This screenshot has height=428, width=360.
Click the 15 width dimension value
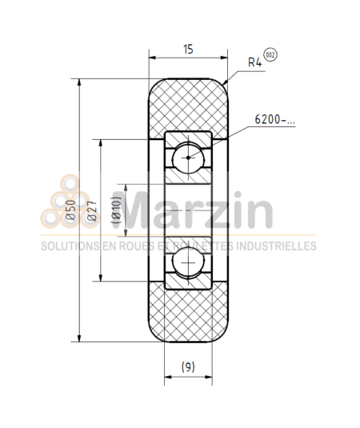pyautogui.click(x=188, y=50)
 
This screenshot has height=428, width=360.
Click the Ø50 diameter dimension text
pyautogui.click(x=70, y=209)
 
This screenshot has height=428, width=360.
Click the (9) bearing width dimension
pyautogui.click(x=187, y=366)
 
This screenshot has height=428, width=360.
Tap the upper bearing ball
pyautogui.click(x=188, y=157)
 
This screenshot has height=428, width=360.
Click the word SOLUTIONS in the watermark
pyautogui.click(x=70, y=246)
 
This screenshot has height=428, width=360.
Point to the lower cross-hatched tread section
pyautogui.click(x=189, y=316)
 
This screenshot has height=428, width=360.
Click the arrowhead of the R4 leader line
pyautogui.click(x=226, y=83)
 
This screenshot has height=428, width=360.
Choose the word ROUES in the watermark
pyautogui.click(x=134, y=246)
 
